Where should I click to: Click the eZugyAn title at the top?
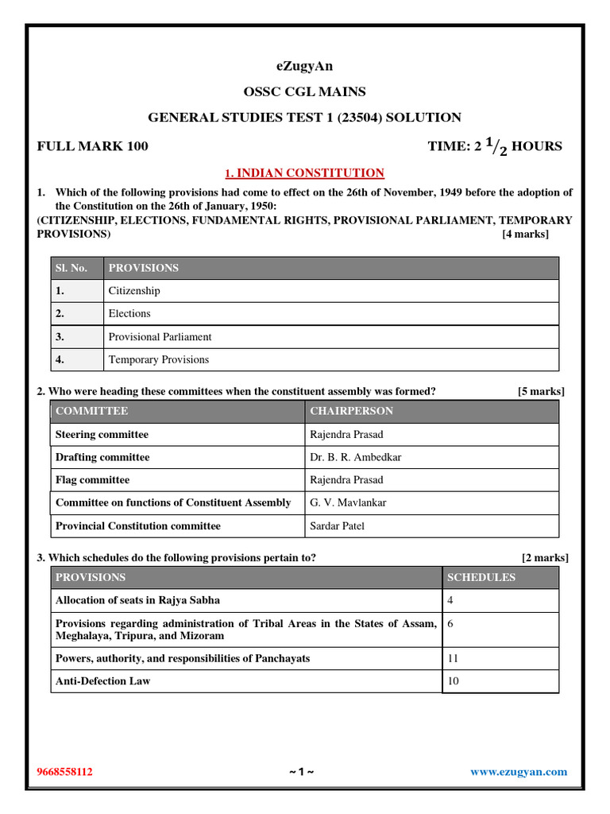pos(304,66)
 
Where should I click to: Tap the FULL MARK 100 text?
pos(92,146)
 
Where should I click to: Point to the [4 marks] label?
pos(525,235)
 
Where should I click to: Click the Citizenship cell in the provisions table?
pos(134,291)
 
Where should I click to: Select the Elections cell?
pos(129,314)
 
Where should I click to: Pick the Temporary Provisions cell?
pos(159,360)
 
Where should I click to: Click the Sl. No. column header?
pos(71,268)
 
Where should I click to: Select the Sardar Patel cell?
pos(337,526)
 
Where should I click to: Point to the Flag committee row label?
pos(92,480)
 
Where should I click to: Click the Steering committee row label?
pos(102,435)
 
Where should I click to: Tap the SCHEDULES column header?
pos(481,578)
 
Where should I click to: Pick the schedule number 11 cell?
pos(454,659)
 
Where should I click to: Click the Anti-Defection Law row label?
pos(102,681)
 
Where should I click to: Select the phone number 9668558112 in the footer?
pos(65,772)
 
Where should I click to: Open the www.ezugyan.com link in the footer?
pos(519,772)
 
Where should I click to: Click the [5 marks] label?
pos(541,392)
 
